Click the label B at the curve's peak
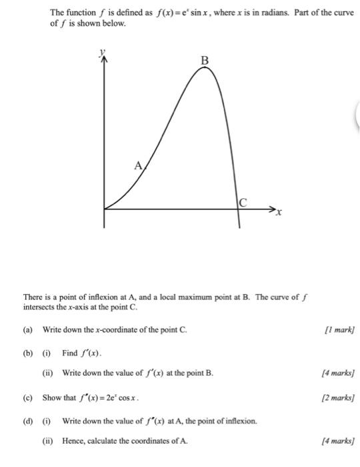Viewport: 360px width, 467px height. pos(205,61)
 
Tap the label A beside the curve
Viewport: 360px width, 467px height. pos(138,167)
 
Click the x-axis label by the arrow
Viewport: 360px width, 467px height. pos(280,213)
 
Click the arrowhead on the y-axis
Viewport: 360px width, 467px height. pos(103,59)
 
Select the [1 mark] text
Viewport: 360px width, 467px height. pos(339,330)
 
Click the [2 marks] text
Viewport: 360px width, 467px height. pos(338,398)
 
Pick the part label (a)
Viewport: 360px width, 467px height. pos(28,330)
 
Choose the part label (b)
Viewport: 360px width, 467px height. pos(28,352)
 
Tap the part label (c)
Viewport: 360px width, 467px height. pos(28,398)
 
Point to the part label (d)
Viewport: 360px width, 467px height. pos(28,421)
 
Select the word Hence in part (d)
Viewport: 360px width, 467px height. pos(73,441)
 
